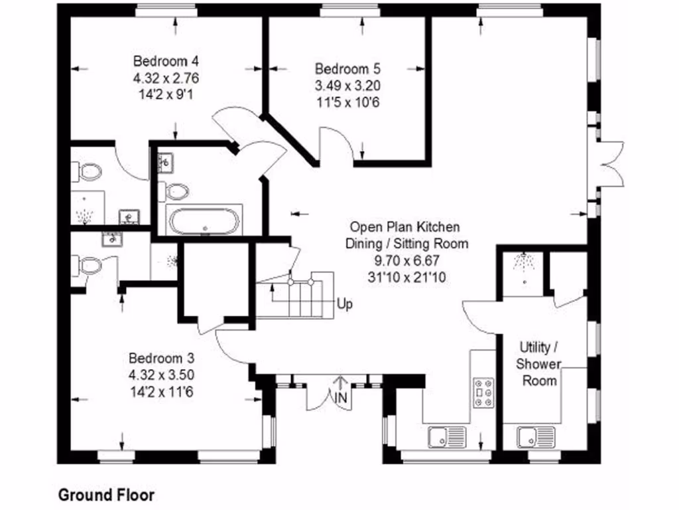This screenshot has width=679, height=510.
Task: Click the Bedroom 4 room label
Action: click(x=165, y=61)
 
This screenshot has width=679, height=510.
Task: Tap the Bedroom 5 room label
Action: click(x=348, y=68)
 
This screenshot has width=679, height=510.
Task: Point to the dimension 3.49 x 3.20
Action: click(x=348, y=86)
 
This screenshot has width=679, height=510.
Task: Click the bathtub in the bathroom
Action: click(x=203, y=221)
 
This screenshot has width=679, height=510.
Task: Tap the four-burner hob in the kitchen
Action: click(x=483, y=392)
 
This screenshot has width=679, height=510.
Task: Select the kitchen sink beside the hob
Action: click(x=447, y=437)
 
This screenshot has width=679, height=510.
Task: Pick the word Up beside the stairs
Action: click(x=345, y=305)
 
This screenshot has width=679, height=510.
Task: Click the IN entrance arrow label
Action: click(x=341, y=397)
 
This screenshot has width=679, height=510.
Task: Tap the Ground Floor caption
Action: click(x=106, y=495)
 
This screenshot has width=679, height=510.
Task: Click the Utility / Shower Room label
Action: click(x=539, y=364)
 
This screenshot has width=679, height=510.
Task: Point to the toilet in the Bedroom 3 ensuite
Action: click(x=89, y=266)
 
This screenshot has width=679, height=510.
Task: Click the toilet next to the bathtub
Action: click(x=175, y=192)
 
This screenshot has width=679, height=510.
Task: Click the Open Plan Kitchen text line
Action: click(x=404, y=227)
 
